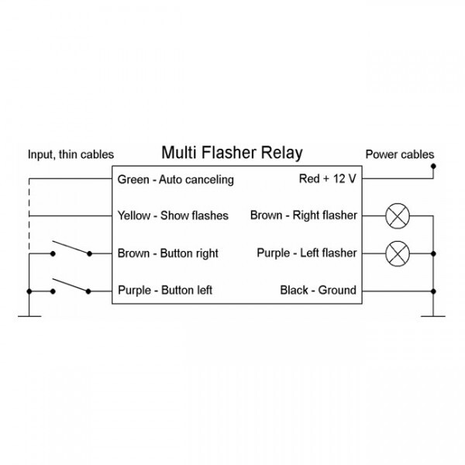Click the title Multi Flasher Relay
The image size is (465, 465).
tap(231, 153)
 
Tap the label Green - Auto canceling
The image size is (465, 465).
tap(175, 180)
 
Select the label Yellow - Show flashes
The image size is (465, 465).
tap(173, 215)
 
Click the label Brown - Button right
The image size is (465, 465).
tap(167, 253)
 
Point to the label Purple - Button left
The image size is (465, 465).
tap(165, 291)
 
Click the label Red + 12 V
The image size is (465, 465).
tap(327, 179)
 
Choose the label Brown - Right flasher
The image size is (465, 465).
tap(303, 215)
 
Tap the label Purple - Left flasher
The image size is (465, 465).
tap(307, 253)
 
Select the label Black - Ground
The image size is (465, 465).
tap(318, 291)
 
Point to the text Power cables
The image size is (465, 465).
tap(400, 155)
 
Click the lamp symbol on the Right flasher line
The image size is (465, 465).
tap(397, 216)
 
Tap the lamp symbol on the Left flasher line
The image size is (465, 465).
tap(397, 253)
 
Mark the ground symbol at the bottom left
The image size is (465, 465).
tap(29, 315)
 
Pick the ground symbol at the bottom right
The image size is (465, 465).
tap(433, 315)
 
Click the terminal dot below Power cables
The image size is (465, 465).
tap(433, 166)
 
